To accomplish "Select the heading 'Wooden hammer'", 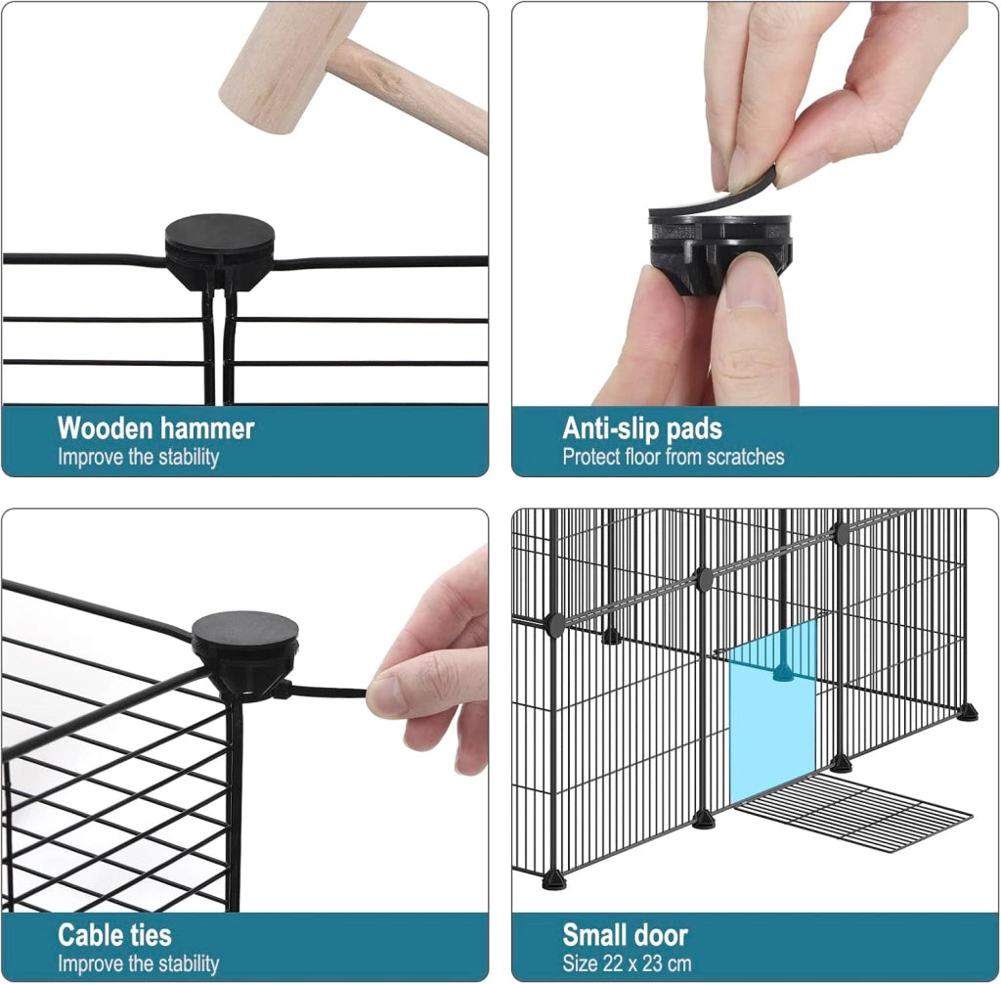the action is coord(155,428).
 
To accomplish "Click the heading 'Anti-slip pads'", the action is coord(641,428).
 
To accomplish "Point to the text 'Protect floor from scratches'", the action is coord(673,457).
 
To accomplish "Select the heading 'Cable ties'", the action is coord(114,935).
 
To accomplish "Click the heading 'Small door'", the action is coord(625,935).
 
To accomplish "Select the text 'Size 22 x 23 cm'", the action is coord(627,962).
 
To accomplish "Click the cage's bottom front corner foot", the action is coord(554,880).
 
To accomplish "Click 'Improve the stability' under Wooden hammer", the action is coord(138,457).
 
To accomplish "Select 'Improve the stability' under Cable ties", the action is coord(138,962).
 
